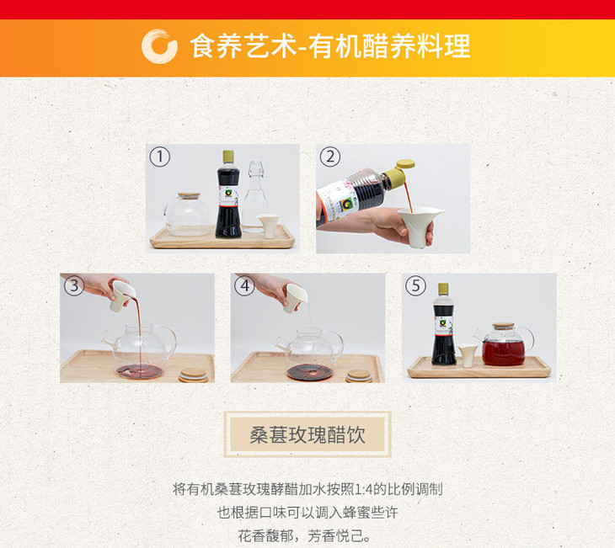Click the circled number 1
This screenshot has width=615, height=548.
[x=159, y=157]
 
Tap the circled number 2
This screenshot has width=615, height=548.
[x=330, y=157]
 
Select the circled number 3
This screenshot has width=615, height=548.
[x=74, y=285]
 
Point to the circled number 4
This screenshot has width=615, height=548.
[x=244, y=285]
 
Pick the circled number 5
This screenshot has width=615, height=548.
[x=415, y=285]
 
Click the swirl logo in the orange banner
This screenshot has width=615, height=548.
[x=159, y=45]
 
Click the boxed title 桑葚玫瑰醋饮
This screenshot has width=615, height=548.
[x=307, y=434]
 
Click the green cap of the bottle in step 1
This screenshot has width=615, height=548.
[x=228, y=157]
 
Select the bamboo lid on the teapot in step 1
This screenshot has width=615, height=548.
[x=189, y=195]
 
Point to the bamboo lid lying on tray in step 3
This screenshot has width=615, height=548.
[x=193, y=375]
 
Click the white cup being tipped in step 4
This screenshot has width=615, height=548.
[x=294, y=297]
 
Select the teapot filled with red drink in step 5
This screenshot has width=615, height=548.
[x=504, y=344]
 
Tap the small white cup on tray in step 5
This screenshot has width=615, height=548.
[x=467, y=355]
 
